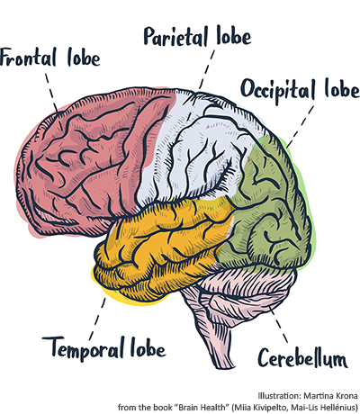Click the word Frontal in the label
click(x=28, y=58)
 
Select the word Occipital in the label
click(x=278, y=90)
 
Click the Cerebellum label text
click(x=302, y=357)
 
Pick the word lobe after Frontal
click(x=84, y=58)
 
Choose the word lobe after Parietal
click(x=234, y=36)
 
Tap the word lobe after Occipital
click(x=342, y=88)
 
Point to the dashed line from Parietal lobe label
click(x=207, y=69)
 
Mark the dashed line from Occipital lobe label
click(x=301, y=127)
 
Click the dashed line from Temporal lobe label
click(x=98, y=318)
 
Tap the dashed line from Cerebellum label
click(x=279, y=325)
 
